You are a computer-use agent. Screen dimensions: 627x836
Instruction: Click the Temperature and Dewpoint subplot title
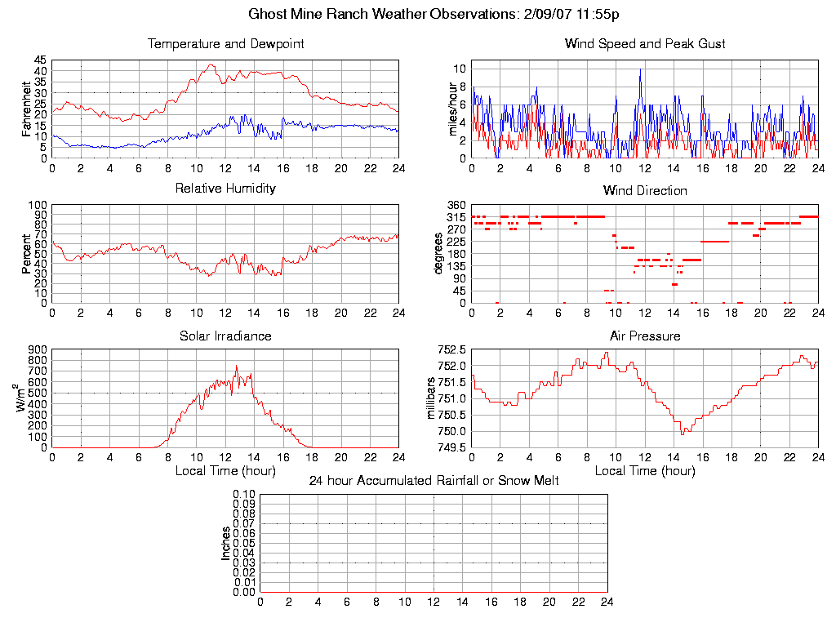225,43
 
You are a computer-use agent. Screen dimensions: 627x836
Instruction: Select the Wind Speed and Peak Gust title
645,43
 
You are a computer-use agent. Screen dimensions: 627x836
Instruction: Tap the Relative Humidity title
225,189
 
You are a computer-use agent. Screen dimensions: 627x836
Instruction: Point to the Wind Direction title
645,190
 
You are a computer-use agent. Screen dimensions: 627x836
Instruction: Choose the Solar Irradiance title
225,336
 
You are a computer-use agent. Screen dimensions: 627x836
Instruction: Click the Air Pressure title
645,336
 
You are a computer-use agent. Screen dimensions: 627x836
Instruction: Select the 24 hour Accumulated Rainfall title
434,481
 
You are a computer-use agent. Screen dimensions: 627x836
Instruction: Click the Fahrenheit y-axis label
27,109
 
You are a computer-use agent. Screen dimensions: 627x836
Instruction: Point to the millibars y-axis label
434,398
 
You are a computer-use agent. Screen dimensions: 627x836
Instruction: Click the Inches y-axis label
226,543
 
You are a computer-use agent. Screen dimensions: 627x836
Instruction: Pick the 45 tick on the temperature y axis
40,60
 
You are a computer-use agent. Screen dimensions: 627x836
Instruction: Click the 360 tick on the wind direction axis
456,205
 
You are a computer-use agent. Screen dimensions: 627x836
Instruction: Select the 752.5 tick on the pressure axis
452,350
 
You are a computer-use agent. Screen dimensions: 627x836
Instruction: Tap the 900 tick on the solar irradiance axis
38,350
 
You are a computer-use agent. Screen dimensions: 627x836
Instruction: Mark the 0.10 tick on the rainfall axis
244,495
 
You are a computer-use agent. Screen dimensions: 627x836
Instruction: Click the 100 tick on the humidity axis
38,205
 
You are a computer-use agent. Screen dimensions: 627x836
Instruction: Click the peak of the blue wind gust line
641,70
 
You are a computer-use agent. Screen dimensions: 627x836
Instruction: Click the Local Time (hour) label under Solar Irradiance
225,470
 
